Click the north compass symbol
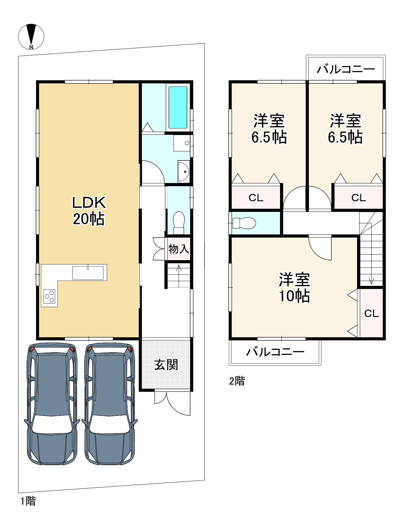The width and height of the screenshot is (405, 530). (31, 37)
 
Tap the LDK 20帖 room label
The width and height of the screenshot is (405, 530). (89, 211)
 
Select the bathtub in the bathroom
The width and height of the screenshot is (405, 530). (178, 108)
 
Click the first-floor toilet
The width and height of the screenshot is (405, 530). (179, 223)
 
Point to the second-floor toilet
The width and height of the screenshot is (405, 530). (244, 223)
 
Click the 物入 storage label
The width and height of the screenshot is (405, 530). (179, 249)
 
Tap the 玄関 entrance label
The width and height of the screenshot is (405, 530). (166, 365)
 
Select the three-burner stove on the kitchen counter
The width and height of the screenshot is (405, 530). (49, 296)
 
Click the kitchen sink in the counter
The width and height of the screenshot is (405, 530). (88, 273)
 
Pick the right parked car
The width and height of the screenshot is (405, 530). (110, 404)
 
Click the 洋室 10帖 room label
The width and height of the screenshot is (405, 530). (294, 288)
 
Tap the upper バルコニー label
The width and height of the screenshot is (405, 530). (346, 69)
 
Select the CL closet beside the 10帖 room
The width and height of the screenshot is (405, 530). (371, 313)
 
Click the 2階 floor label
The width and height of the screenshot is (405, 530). (237, 381)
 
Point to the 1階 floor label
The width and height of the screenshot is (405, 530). (28, 501)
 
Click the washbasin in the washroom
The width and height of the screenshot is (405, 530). (184, 171)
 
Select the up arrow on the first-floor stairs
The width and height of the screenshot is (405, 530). (179, 276)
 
